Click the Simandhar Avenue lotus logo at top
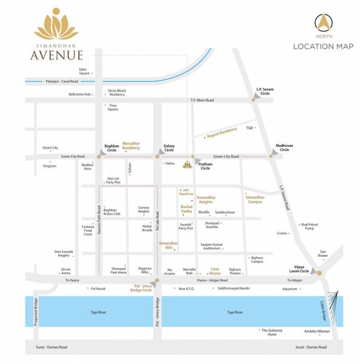click(x=55, y=25)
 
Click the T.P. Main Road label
click(x=202, y=99)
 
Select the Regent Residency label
click(x=222, y=131)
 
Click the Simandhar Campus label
click(x=255, y=199)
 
